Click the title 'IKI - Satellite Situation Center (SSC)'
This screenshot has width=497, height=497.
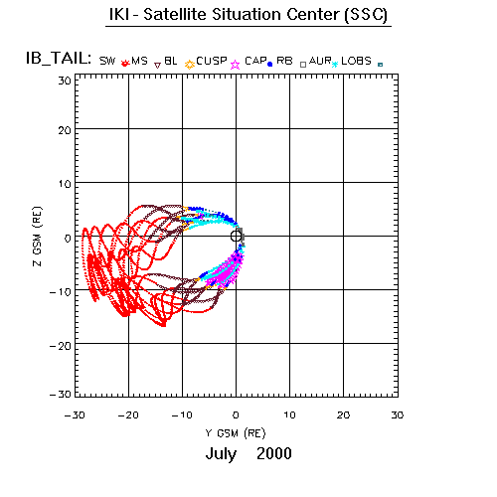click(248, 15)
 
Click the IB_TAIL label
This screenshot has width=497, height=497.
click(59, 59)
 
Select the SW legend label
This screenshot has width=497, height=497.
click(107, 61)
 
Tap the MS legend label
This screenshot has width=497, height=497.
click(139, 61)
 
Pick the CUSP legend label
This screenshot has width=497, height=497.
click(212, 61)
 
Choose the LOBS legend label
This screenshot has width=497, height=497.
click(356, 61)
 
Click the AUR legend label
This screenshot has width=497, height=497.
click(320, 61)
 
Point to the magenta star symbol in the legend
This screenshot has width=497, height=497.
click(236, 65)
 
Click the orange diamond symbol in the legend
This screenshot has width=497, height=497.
click(190, 65)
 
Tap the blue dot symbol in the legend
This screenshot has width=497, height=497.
click(269, 65)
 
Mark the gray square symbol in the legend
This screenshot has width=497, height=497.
click(303, 65)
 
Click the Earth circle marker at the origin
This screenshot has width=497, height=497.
click(236, 237)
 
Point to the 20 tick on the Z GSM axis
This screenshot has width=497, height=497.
click(65, 130)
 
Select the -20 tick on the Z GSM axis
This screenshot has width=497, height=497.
click(61, 346)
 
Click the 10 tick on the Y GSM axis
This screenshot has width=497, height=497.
click(289, 414)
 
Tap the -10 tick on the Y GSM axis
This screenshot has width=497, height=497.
click(182, 414)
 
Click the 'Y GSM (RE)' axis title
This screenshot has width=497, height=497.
click(236, 433)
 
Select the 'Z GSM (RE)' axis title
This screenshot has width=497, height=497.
click(38, 237)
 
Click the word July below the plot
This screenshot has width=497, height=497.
click(221, 454)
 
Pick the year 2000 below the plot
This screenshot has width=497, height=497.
click(274, 453)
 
